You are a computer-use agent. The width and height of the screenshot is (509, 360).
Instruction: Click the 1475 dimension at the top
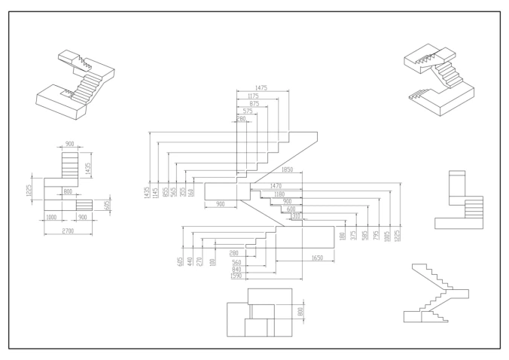[x=261, y=87]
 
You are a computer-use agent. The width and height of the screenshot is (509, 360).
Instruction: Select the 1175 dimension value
[x=253, y=96]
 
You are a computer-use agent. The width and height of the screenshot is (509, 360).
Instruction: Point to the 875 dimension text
[x=254, y=103]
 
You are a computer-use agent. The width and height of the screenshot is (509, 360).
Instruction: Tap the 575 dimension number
[x=248, y=111]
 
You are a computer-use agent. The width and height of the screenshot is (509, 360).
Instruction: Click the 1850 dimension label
[x=287, y=169]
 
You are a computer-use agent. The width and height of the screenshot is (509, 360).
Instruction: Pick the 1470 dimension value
[x=276, y=186]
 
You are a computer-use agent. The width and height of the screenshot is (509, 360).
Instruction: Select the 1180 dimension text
[x=279, y=194]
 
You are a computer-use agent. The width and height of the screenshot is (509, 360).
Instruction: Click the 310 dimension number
[x=296, y=216]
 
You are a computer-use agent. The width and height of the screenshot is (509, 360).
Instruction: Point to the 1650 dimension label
[x=317, y=258]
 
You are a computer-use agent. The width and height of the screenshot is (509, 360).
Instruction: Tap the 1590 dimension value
[x=236, y=276]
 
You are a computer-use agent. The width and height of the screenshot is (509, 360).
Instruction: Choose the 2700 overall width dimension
[x=68, y=230]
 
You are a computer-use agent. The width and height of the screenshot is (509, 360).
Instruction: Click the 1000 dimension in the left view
[x=51, y=217]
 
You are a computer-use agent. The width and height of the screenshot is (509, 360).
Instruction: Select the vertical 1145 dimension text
[x=156, y=193]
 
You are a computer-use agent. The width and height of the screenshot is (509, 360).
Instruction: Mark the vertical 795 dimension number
[x=376, y=235]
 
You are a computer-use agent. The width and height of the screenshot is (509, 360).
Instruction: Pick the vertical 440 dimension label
[x=190, y=261]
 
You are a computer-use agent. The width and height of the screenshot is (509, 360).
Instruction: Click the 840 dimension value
[x=236, y=270]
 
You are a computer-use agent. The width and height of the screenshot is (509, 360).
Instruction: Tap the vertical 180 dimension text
[x=342, y=236]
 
